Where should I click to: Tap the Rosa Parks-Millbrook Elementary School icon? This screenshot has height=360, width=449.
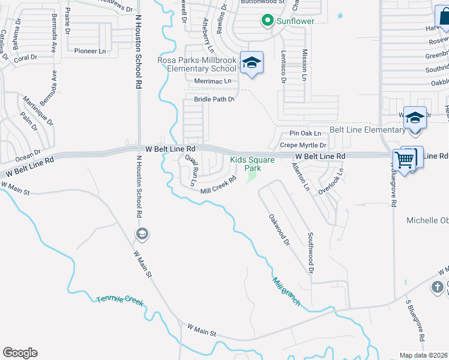252,63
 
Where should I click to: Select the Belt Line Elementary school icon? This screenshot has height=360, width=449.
415,118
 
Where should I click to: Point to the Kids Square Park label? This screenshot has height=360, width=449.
253,164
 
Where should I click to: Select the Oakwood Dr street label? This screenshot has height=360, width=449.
279,230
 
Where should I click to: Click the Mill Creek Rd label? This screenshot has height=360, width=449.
218,187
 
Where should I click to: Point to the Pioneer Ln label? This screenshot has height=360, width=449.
89,51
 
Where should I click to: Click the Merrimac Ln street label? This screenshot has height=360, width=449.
212,81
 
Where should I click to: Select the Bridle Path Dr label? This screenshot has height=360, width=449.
213,99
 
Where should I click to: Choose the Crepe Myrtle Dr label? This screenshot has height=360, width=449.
303,146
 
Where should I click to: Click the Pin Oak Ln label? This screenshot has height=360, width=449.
306,133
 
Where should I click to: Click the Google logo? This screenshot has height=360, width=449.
20,353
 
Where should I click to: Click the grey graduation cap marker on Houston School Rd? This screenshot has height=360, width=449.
142,233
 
